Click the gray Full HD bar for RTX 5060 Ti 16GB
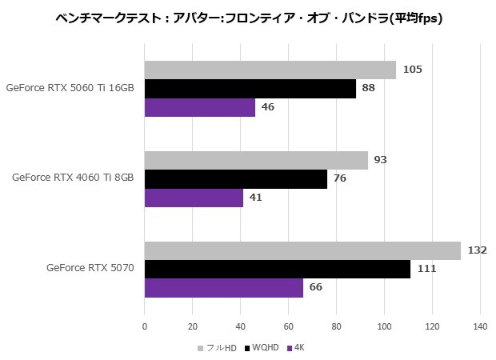coord(270,70)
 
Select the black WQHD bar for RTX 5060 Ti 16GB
coord(250,88)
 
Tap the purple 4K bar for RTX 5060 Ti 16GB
coord(200,107)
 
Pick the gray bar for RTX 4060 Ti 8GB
coord(256,160)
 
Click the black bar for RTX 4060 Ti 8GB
coord(236,178)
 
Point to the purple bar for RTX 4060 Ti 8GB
coord(194,198)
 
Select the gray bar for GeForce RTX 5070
coord(302,250)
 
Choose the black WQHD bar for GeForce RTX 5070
coord(278,269)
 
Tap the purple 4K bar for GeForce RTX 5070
coord(224,287)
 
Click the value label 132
coord(478,250)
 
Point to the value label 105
coord(413,70)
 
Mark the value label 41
coord(255,198)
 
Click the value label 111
coord(426,269)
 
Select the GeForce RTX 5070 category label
coord(90,268)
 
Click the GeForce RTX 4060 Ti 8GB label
coord(73,178)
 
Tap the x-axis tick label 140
coord(480,326)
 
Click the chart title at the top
coord(248,16)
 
